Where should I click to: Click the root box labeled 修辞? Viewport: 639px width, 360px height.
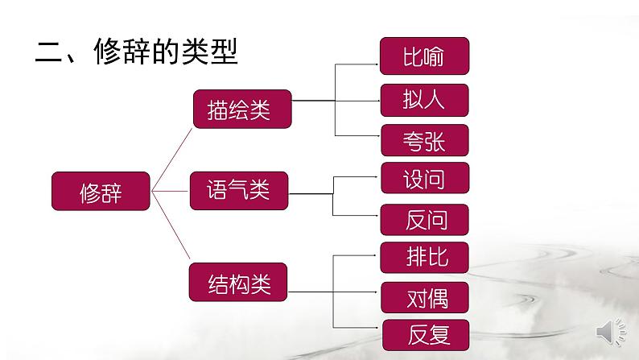101,192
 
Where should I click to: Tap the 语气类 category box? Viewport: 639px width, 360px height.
238,190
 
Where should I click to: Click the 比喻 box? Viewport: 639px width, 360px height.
423,56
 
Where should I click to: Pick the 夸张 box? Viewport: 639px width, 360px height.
423,140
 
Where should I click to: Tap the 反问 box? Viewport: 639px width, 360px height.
425,219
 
